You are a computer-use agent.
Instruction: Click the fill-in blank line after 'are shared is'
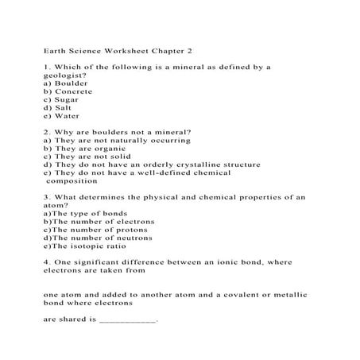128,321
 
